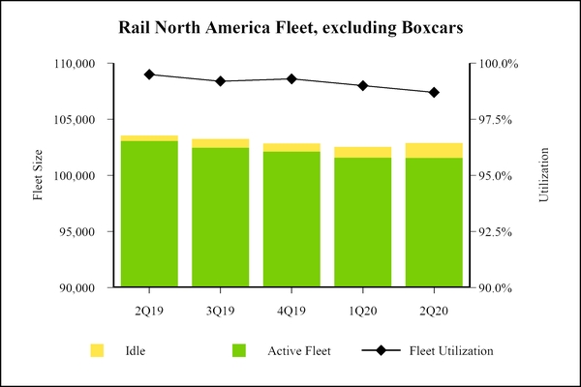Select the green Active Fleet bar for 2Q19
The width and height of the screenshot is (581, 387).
(149, 214)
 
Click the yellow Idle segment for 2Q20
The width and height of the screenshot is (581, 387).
(434, 150)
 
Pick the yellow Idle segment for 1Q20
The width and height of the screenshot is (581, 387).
(362, 152)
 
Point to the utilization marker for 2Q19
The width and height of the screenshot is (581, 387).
(149, 74)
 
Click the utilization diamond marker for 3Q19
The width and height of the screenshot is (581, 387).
(221, 81)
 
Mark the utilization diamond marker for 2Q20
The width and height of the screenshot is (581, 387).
(434, 93)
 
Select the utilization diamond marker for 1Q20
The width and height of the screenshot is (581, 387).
(362, 86)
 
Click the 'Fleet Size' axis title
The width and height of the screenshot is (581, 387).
(40, 175)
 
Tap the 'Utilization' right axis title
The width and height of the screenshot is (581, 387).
(543, 175)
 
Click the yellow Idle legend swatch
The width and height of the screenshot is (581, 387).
(97, 350)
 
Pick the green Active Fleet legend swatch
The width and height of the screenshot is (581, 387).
(239, 350)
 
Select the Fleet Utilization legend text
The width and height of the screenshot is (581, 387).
(451, 350)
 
